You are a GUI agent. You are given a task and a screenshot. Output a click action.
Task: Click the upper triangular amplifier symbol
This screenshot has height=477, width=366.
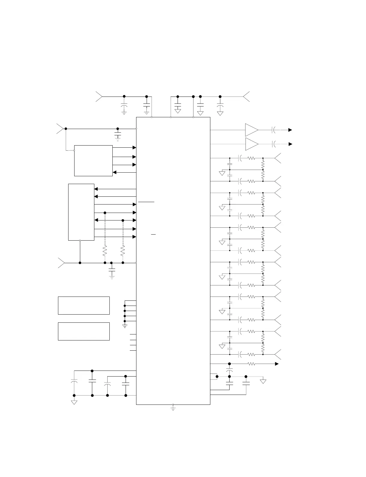coord(251,130)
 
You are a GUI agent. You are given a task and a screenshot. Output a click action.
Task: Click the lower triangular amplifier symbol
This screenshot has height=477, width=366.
coord(251,144)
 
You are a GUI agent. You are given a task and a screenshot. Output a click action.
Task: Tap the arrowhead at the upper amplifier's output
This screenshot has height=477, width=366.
coord(290,130)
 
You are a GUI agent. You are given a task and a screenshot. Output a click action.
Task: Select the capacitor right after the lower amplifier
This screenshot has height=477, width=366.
coord(274,144)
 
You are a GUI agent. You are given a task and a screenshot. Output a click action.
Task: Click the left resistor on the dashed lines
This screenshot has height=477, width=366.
coord(105,251)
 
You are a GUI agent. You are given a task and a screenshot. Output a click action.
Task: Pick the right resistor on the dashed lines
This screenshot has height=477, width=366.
coord(123,251)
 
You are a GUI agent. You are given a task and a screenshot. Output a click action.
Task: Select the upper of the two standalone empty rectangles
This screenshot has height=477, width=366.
coord(84,306)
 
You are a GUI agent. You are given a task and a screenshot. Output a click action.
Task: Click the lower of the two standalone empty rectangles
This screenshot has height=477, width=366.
coord(84,331)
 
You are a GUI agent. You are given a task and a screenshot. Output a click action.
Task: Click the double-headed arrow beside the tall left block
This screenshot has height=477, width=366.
coord(115,220)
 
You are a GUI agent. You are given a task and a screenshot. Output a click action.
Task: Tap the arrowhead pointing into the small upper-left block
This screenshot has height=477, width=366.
coord(114,173)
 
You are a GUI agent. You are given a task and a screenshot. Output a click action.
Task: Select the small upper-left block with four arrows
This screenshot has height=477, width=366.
coord(93,161)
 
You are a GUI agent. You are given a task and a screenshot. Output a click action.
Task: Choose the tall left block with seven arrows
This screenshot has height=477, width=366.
coord(81,212)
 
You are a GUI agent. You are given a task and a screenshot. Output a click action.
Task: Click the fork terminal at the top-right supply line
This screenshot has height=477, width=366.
coord(246,97)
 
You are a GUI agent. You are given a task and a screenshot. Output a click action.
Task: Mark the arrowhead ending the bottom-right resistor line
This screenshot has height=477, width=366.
coord(276,364)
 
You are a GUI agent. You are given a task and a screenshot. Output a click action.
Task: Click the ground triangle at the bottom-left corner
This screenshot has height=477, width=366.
coord(74,402)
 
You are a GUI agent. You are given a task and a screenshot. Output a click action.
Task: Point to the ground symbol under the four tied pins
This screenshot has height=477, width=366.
coord(125,326)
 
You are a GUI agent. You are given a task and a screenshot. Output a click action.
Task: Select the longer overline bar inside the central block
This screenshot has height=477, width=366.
coord(146,202)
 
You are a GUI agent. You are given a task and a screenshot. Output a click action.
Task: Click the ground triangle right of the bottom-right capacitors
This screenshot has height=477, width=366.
coord(263,382)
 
